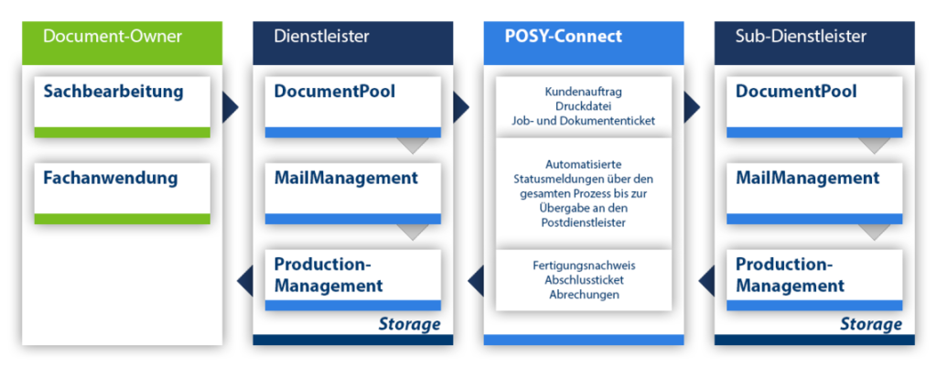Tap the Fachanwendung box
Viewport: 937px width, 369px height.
pos(122,189)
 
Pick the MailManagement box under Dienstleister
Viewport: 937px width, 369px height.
pos(352,189)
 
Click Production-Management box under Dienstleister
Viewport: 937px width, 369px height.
pos(352,276)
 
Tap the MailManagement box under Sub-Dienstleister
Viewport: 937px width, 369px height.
pos(813,189)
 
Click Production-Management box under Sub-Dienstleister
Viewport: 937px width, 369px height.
pos(813,276)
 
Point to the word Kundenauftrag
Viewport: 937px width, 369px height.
pos(583,92)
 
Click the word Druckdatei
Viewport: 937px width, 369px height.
pos(583,106)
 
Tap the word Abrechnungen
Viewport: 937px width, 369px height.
pos(583,295)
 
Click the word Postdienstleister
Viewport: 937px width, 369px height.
pos(583,221)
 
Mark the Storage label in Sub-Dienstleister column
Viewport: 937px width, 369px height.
pos(870,324)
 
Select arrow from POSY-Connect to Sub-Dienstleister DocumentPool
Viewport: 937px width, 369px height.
pos(692,107)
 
